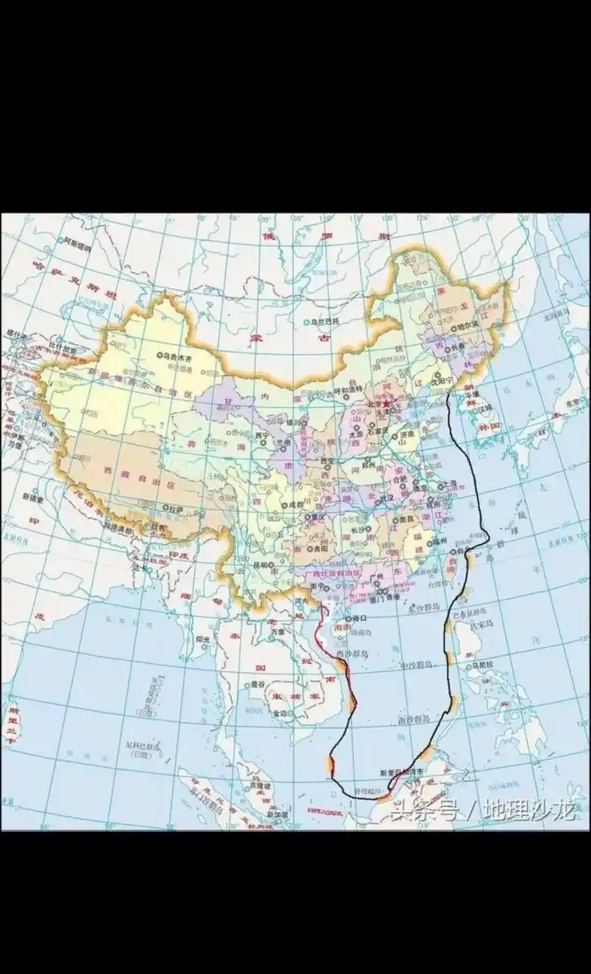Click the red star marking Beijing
(386, 404)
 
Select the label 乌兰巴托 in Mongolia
(325, 322)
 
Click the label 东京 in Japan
(574, 403)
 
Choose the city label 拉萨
(174, 509)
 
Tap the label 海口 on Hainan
(360, 617)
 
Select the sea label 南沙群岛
(411, 718)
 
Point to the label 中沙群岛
(415, 665)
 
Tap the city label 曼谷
(257, 685)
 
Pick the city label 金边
(280, 713)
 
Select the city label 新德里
(33, 497)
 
